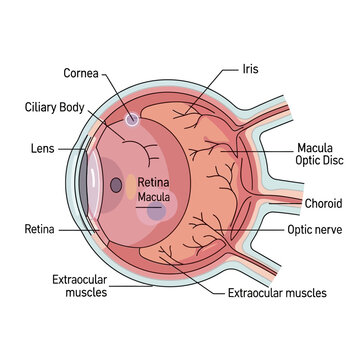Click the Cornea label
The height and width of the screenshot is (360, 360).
[x=82, y=73]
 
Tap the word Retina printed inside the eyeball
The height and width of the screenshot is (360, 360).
[x=153, y=184]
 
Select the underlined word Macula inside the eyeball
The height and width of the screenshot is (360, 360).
[x=153, y=198]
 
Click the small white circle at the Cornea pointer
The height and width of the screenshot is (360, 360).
[x=132, y=120]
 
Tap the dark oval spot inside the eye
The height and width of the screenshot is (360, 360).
[x=117, y=185]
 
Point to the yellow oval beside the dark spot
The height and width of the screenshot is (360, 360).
[x=131, y=183]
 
